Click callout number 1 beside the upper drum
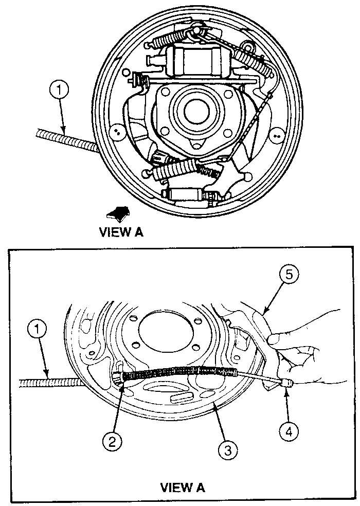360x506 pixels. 59,91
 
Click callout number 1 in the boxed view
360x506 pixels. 38,330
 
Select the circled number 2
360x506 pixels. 112,441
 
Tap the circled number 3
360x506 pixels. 228,450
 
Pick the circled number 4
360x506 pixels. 289,431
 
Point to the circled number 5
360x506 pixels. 289,275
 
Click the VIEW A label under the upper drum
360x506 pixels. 121,232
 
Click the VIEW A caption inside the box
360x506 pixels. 183,487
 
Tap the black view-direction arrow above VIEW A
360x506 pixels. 118,213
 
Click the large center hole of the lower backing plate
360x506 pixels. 166,331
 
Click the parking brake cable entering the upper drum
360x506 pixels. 66,139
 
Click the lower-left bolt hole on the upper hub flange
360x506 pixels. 165,131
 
